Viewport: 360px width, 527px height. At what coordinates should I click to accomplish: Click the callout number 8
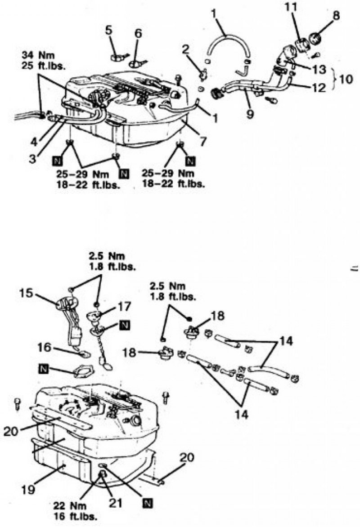336,15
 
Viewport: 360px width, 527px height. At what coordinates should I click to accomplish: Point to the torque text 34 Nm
38,55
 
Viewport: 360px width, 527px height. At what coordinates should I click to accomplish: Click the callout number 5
108,30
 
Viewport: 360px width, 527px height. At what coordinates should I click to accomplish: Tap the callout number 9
250,114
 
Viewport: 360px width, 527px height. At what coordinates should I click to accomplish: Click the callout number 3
33,159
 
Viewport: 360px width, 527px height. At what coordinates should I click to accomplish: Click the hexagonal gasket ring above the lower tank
83,371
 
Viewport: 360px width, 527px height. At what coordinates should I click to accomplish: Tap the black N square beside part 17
125,325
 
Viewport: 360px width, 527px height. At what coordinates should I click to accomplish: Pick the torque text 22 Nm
70,506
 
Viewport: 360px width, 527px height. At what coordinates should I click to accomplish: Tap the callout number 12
318,88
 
